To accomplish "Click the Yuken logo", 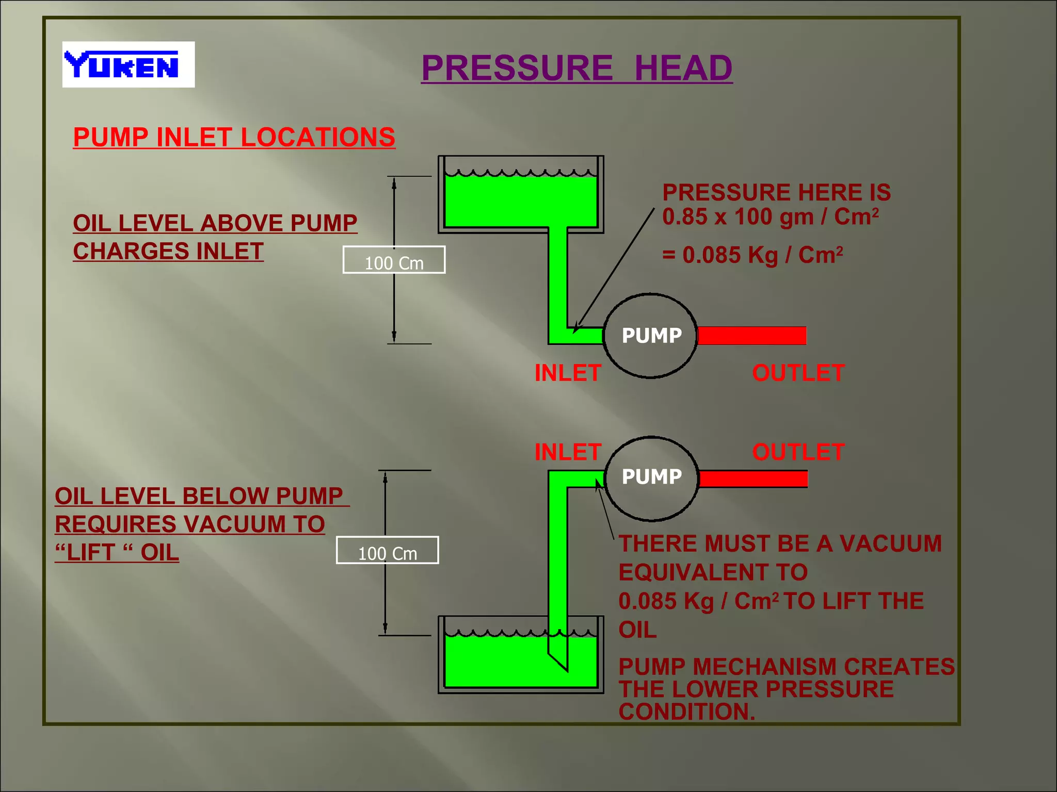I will [x=128, y=64].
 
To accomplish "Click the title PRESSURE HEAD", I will [x=576, y=68].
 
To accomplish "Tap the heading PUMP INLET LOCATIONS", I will [x=234, y=137].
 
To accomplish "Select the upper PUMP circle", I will [x=650, y=336].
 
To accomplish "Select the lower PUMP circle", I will [x=651, y=477].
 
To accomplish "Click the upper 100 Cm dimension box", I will [x=394, y=260].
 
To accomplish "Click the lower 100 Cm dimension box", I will [x=387, y=551].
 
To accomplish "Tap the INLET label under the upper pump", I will [x=568, y=373].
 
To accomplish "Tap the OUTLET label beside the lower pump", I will [x=798, y=452].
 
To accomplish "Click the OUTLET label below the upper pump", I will [x=798, y=373].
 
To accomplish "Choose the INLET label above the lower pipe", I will [x=568, y=452].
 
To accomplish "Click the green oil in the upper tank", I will [x=520, y=201].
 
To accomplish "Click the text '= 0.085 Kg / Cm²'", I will [x=752, y=255].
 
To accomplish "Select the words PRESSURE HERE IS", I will [x=776, y=193].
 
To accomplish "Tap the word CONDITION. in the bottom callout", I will [x=686, y=712].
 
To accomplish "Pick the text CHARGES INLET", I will [x=168, y=252].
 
